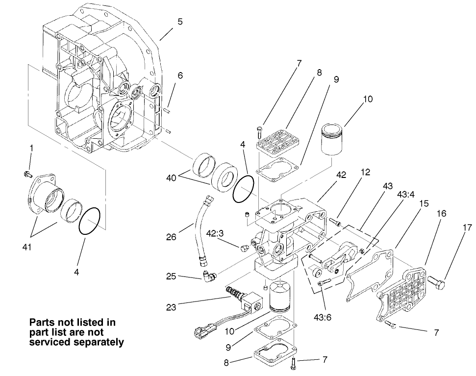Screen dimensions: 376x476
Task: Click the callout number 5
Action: click(x=180, y=22)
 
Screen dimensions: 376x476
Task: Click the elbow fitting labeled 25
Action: click(x=208, y=278)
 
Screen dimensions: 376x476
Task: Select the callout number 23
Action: click(x=172, y=307)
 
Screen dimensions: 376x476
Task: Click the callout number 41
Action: click(x=26, y=248)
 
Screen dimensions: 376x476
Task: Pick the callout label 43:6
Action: click(x=322, y=317)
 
